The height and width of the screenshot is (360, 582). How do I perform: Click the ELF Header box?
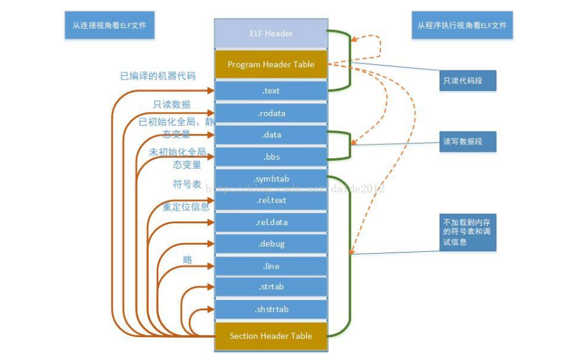point(271,34)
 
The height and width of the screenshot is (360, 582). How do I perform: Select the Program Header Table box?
point(271,64)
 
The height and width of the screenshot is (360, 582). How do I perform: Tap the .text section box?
point(271,91)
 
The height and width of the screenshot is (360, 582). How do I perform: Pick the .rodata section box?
point(271,113)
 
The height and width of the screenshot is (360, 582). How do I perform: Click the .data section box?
point(271,135)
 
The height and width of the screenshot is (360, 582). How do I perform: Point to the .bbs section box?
point(271,156)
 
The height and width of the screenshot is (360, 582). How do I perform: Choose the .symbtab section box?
point(271,179)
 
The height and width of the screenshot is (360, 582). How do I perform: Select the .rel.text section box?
point(271,200)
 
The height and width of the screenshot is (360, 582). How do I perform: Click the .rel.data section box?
point(271,222)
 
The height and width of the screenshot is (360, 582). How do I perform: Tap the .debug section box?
point(271,244)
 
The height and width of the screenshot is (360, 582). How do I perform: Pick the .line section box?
point(271,266)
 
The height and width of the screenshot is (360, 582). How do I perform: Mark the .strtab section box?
point(271,287)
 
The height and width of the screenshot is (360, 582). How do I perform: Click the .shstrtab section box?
point(271,309)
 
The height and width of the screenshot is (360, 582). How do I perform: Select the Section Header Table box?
point(271,336)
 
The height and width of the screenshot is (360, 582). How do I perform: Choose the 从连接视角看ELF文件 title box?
point(109,26)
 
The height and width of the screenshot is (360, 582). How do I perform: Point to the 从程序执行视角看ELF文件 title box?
point(462,26)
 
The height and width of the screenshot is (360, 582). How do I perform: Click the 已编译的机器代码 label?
point(158,76)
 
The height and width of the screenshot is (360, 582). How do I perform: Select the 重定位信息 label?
point(185,207)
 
